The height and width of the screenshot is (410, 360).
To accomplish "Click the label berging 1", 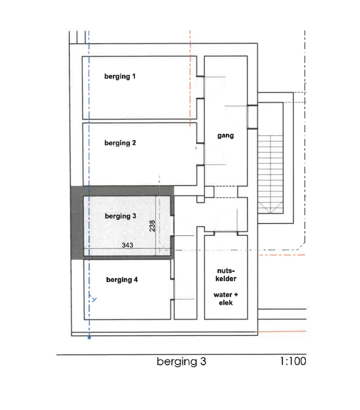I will pyautogui.click(x=120, y=77).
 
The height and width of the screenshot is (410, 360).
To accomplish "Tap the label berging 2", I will pyautogui.click(x=120, y=143).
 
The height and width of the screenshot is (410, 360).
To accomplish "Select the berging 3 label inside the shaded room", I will pyautogui.click(x=120, y=216).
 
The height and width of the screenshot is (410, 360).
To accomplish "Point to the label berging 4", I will pyautogui.click(x=122, y=280).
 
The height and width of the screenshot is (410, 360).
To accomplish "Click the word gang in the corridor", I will pyautogui.click(x=226, y=135).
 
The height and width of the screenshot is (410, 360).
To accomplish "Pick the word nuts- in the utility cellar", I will pyautogui.click(x=226, y=272).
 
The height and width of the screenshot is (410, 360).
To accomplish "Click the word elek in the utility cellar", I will pyautogui.click(x=226, y=302).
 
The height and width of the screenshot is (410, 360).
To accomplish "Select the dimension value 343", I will pyautogui.click(x=127, y=245).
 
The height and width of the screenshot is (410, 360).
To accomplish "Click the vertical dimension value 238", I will pyautogui.click(x=152, y=226).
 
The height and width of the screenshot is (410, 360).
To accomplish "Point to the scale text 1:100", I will pyautogui.click(x=293, y=361).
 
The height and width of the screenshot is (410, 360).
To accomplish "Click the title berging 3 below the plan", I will pyautogui.click(x=182, y=361).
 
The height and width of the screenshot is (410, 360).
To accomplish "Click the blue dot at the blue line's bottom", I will pyautogui.click(x=89, y=338).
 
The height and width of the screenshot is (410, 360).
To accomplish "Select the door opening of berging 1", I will pyautogui.click(x=200, y=87).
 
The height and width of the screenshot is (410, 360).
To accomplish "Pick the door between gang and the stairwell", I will pyautogui.click(x=252, y=117).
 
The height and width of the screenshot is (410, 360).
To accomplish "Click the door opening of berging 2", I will pyautogui.click(x=200, y=154).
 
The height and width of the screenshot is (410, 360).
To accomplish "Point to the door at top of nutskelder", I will pyautogui.click(x=226, y=233).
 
